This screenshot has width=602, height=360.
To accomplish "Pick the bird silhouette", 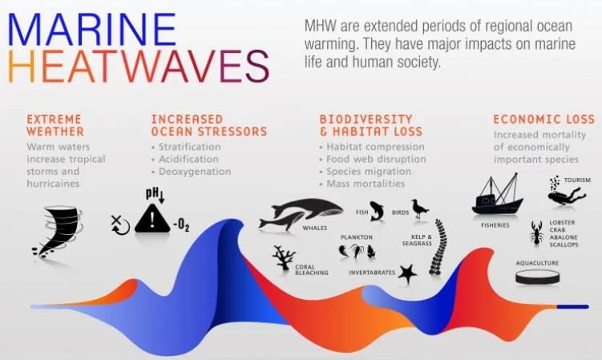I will pos(419,209).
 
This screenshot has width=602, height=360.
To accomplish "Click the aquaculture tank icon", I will pos(538,277).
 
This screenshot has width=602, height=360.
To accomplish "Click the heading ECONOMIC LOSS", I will pos(543,119).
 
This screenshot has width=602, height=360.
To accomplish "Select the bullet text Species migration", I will pos(370,172).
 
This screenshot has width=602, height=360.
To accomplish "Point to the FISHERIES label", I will pos(495,225).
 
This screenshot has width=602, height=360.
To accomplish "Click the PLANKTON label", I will pos(356,237).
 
